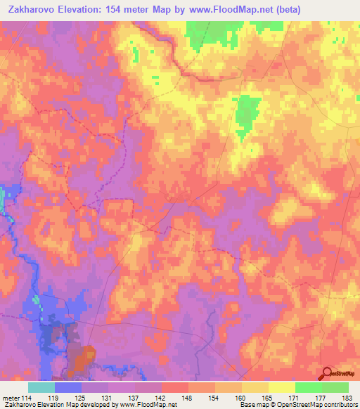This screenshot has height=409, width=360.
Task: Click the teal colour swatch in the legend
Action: (41, 387)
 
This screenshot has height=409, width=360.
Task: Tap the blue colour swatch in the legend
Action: (67, 387)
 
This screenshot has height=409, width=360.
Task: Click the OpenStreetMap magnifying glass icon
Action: (326, 373)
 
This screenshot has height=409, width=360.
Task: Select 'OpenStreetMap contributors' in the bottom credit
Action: (316, 405)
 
